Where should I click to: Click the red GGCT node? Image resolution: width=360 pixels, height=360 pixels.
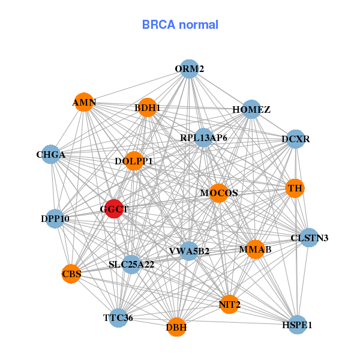pos(114,209)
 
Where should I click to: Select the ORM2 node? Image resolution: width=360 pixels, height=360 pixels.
pos(190,69)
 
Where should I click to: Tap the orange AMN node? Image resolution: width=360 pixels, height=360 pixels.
pos(84,103)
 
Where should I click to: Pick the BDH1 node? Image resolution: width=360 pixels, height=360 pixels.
pos(147,108)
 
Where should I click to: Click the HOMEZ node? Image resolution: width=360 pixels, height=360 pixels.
pos(251,110)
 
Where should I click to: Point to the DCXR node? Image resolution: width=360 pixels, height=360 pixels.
pos(296,139)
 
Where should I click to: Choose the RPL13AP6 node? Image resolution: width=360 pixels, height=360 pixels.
pos(203,138)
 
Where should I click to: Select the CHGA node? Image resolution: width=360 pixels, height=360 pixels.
pos(51,155)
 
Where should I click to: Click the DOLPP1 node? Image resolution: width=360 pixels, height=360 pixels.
pos(134,161)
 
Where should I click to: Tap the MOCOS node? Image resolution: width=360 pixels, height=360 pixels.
pos(218,193)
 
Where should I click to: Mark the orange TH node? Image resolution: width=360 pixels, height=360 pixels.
pos(295,188)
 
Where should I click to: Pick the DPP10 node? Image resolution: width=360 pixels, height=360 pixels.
pos(55,218)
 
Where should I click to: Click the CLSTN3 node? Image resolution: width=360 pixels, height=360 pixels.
pos(309,238)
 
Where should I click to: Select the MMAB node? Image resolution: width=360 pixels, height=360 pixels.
pos(255,249)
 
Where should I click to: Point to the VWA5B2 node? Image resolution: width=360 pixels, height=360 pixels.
pos(189,251)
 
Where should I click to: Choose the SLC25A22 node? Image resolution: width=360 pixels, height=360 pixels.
pos(131,264)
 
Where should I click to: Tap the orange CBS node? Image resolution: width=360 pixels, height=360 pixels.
pos(71,274)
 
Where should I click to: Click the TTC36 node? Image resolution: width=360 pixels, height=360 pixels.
pos(118,317)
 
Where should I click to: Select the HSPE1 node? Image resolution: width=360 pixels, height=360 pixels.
pos(297,325)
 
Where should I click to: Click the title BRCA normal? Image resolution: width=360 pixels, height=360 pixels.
pos(180,25)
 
